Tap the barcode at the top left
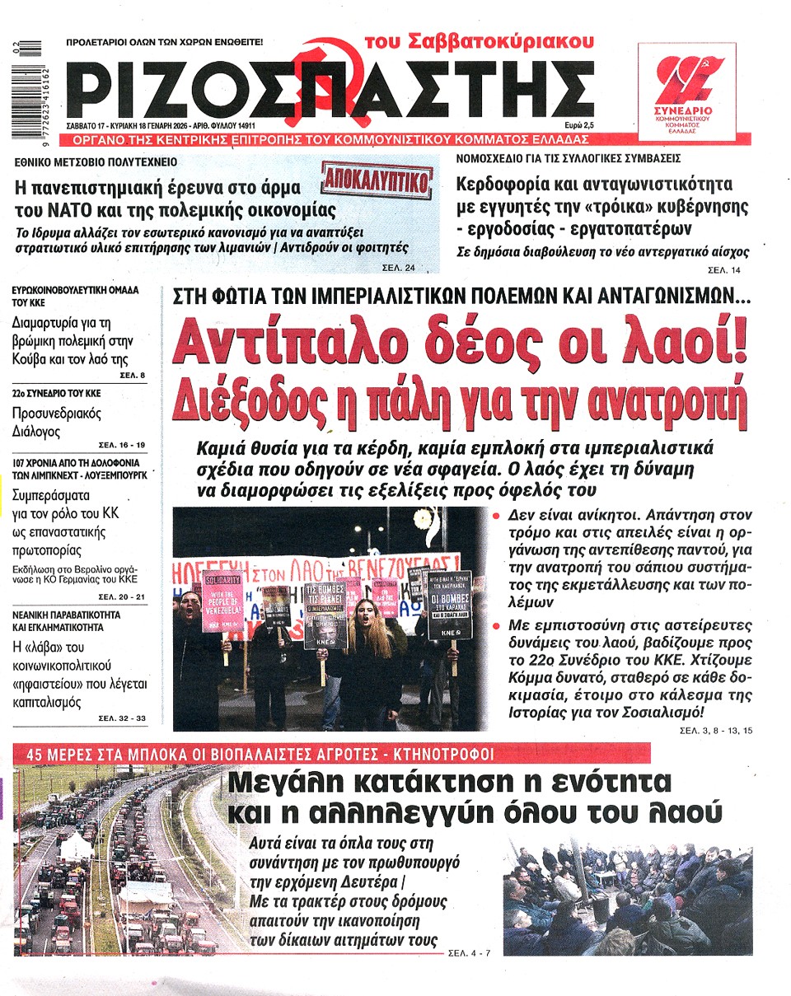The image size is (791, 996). (33, 91)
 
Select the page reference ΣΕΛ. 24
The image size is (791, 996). (399, 267)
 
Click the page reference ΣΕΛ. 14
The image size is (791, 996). (724, 269)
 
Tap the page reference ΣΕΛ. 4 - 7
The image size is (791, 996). (469, 953)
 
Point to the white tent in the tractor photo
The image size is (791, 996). (75, 845)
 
